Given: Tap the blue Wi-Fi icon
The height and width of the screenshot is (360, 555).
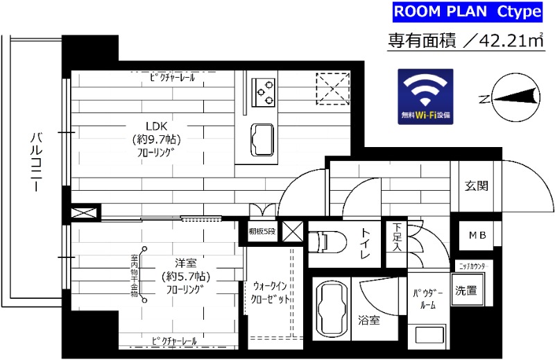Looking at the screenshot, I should pyautogui.click(x=425, y=97).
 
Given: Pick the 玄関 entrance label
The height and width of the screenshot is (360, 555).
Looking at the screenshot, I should pyautogui.click(x=476, y=186).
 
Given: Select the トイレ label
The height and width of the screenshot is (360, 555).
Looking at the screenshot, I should pyautogui.click(x=365, y=245).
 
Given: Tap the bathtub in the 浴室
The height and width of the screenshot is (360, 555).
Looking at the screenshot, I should pyautogui.click(x=330, y=309).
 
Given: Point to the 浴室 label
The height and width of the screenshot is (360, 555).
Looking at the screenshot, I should pyautogui.click(x=369, y=320).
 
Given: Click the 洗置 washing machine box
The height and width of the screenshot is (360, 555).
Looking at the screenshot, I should pyautogui.click(x=466, y=291).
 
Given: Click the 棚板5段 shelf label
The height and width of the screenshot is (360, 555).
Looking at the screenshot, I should pyautogui.click(x=262, y=232).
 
